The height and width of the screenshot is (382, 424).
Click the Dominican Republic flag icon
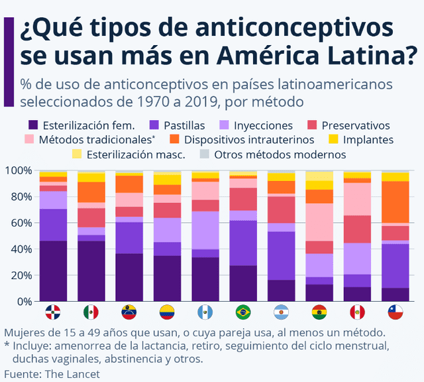pos(53,312)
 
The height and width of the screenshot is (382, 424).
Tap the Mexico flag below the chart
pos(91,312)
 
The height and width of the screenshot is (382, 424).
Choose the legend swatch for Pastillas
pos(154,125)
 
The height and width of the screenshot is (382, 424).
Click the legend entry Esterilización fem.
pos(88,125)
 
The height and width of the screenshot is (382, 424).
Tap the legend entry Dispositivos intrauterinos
pos(249,140)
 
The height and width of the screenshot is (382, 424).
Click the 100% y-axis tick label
pos(18,170)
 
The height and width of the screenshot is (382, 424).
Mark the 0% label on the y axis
pos(23,301)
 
